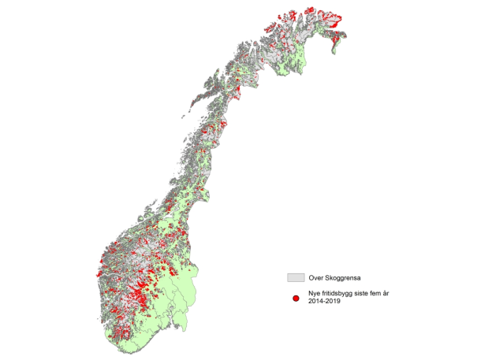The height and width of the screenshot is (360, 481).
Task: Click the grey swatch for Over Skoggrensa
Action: (x=295, y=278)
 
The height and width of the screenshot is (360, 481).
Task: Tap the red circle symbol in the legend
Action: (x=295, y=299)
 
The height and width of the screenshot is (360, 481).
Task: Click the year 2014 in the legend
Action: (x=315, y=303)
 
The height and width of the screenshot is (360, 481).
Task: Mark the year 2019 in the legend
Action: (x=334, y=303)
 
